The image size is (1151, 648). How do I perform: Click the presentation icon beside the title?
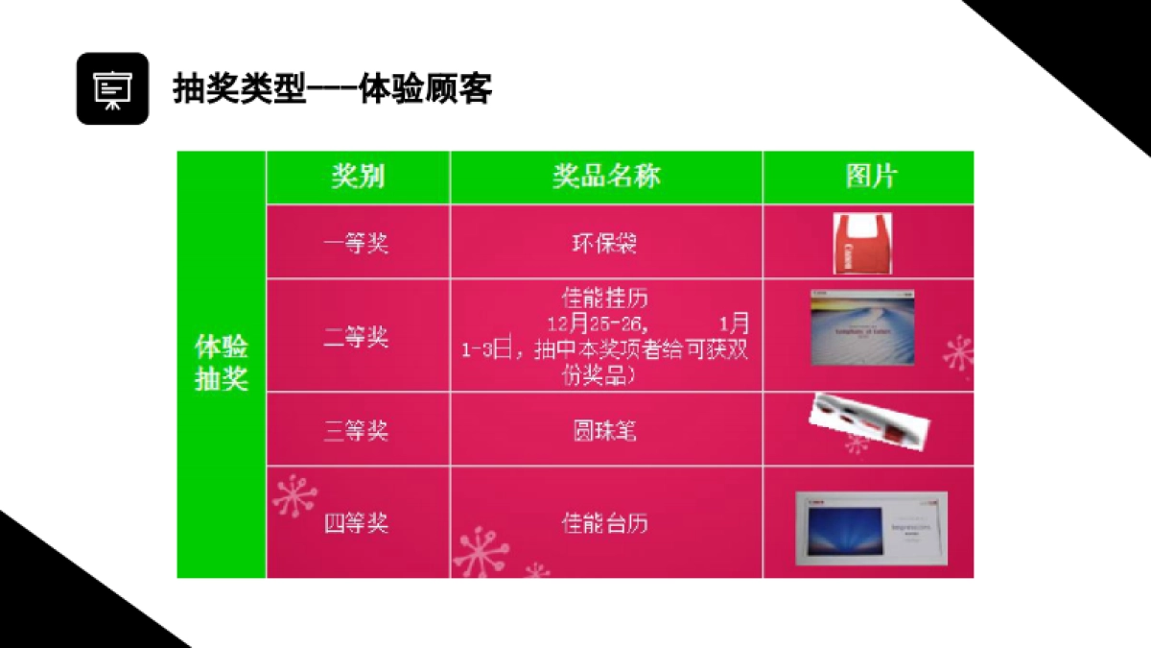click(x=112, y=88)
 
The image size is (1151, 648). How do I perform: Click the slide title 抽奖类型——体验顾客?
click(x=332, y=89)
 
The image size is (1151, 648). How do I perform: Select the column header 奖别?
click(x=358, y=177)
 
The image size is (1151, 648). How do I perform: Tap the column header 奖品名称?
click(x=606, y=177)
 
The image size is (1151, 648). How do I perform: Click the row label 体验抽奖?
click(x=222, y=363)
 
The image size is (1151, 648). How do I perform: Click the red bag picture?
click(x=861, y=244)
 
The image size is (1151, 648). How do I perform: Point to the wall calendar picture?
click(x=861, y=327)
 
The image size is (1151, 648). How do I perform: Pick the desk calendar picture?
click(x=870, y=527)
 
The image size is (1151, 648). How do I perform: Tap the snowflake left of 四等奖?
click(x=294, y=496)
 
